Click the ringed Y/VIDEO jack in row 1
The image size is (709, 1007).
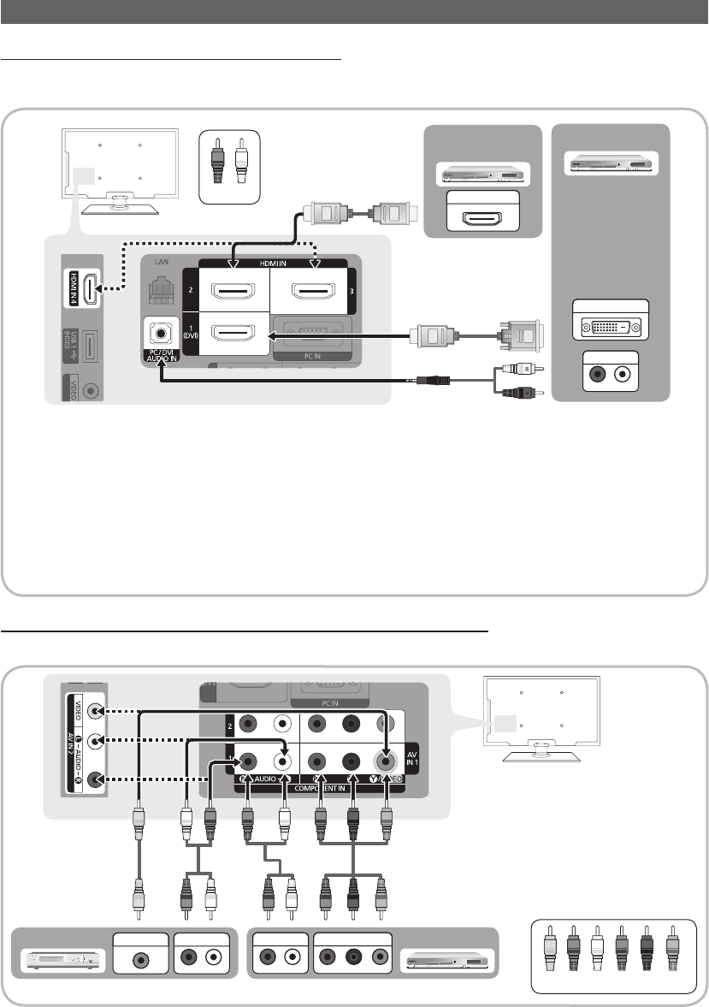[386, 756]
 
